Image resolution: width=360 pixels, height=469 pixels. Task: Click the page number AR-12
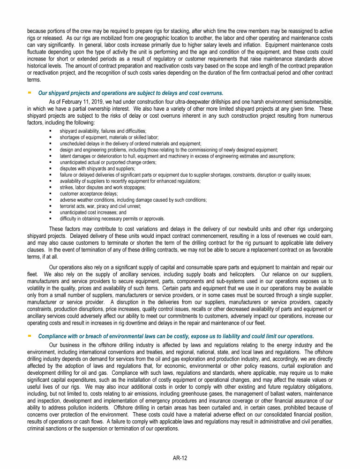click(x=180, y=458)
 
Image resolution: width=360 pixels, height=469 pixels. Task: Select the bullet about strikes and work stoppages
click(x=102, y=187)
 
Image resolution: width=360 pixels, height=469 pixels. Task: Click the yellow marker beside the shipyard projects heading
click(x=29, y=92)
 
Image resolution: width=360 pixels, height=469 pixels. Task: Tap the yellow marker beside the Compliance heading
click(x=29, y=336)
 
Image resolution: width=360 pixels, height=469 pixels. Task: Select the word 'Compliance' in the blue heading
click(x=53, y=336)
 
